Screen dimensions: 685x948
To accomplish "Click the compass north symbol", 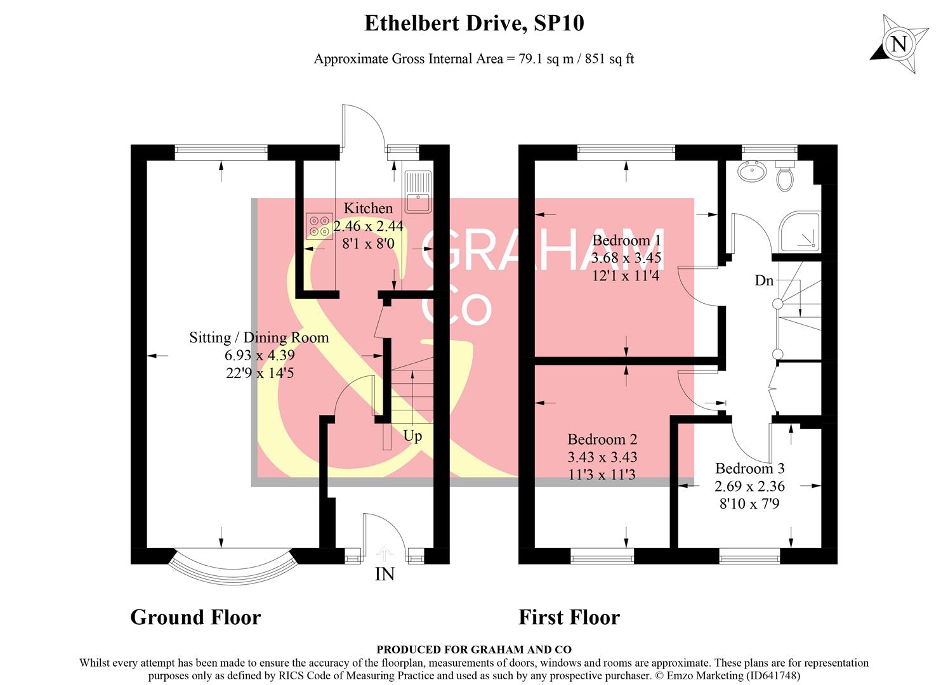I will (899, 44).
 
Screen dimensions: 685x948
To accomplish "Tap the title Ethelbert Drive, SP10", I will (473, 23).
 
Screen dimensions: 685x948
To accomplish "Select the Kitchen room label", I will (368, 208).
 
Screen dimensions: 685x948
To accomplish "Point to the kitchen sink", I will (418, 192).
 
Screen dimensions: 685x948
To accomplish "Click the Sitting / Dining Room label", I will (259, 337).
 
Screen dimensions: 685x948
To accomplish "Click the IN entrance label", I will (385, 574).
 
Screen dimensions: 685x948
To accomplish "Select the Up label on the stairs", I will (412, 436).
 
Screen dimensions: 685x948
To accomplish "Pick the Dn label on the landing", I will (764, 280).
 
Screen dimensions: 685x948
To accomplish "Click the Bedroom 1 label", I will (626, 240).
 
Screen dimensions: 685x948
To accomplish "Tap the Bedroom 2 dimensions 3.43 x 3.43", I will (602, 457).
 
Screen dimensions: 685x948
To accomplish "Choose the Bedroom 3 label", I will (749, 469).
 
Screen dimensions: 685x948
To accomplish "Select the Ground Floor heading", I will (195, 617).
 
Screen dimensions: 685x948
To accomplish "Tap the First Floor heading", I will (569, 617).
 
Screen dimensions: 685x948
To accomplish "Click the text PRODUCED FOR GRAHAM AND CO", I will (473, 649).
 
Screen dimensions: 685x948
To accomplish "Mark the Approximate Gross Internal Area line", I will (473, 59).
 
